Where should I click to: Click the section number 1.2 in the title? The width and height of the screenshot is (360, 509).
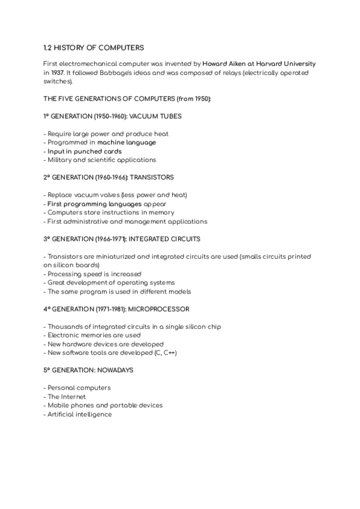coord(49,47)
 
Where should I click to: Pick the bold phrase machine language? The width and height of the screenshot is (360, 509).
coord(127,142)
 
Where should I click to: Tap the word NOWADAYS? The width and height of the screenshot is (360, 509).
coord(112,370)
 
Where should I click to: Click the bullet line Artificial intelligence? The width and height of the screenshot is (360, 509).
coord(79,414)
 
